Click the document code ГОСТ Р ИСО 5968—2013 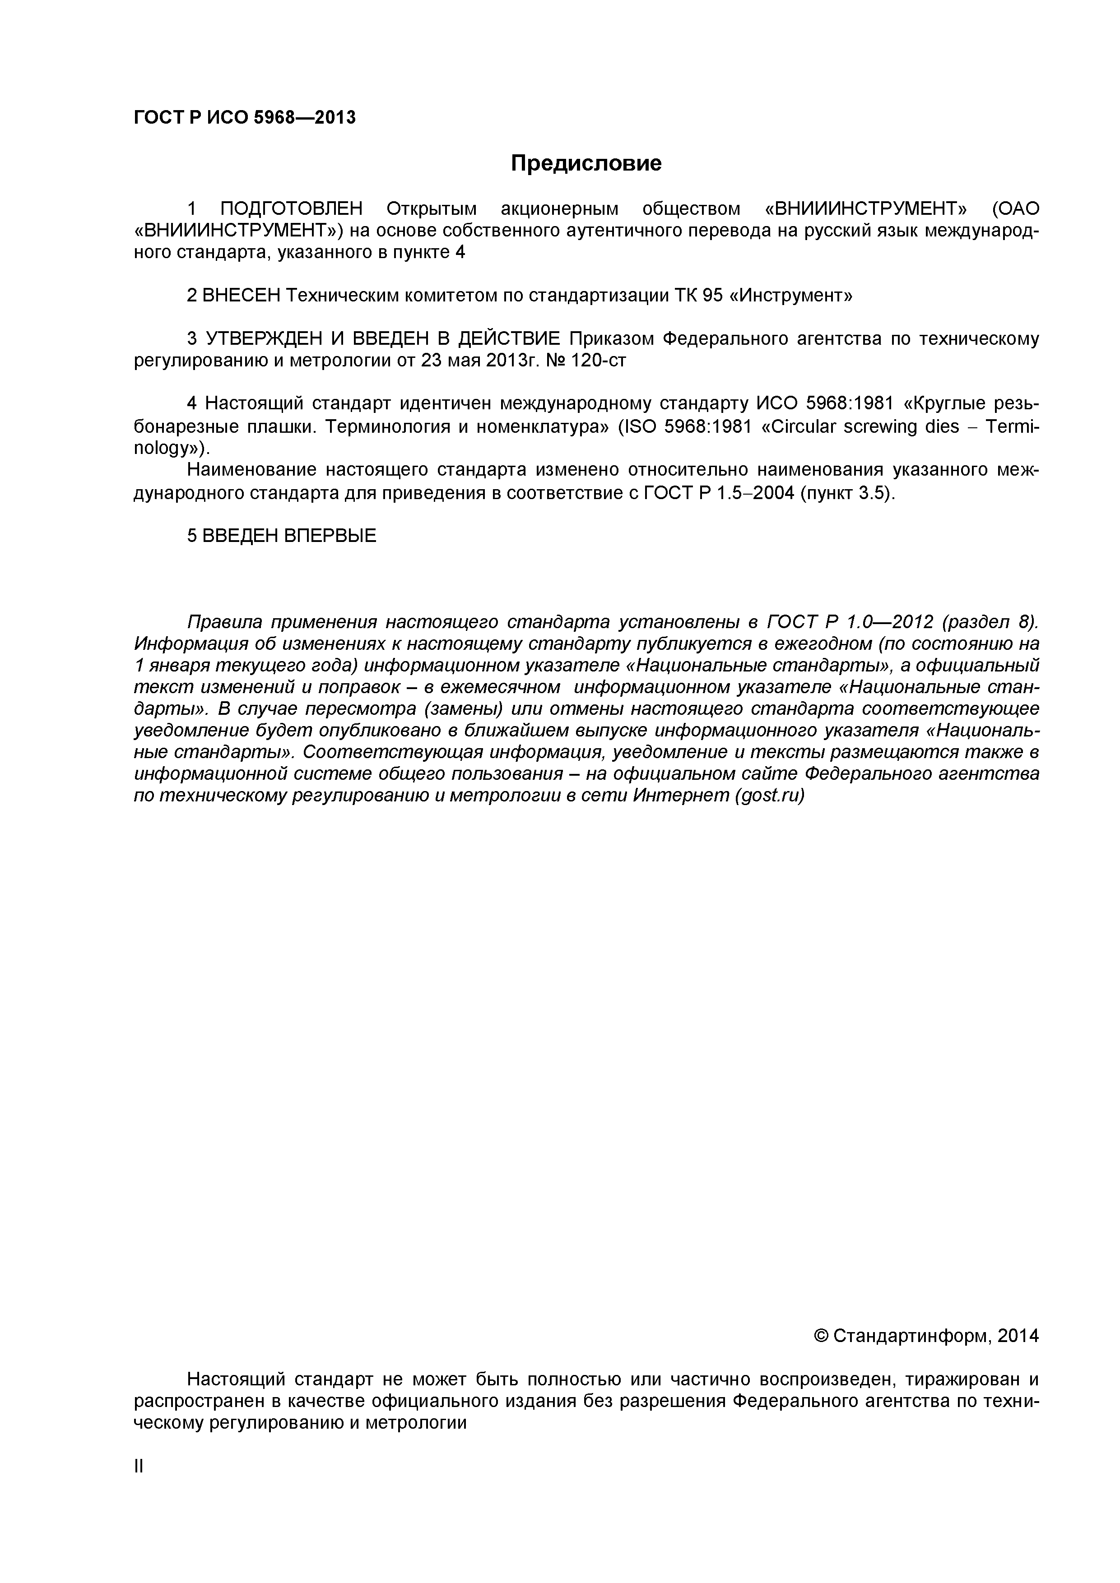click(x=245, y=118)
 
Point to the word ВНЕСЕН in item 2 click(x=242, y=295)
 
